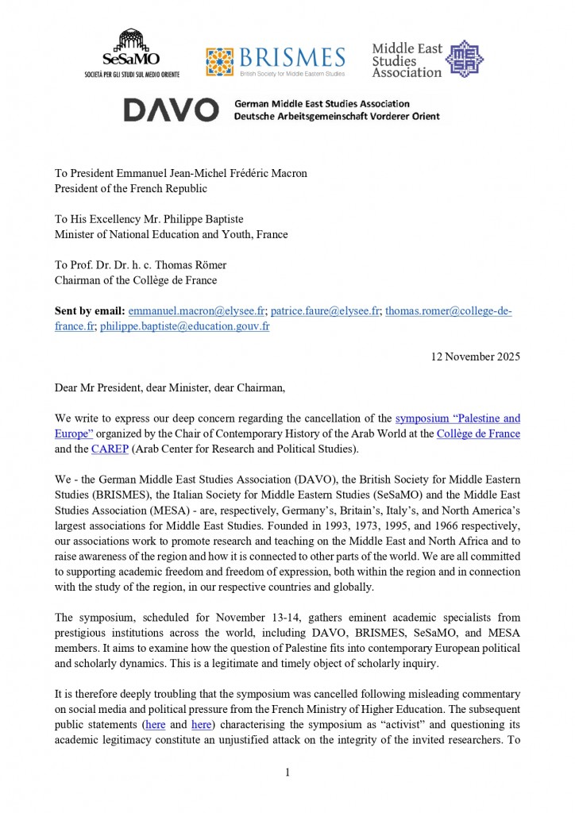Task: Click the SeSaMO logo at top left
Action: [131, 53]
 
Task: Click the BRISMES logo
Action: [276, 60]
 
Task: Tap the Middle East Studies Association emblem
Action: [464, 59]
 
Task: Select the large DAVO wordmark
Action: [171, 110]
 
